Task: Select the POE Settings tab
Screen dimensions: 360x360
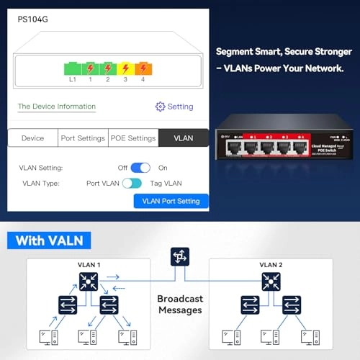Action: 132,138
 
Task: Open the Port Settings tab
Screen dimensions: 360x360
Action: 83,138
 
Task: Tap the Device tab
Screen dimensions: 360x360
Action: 32,138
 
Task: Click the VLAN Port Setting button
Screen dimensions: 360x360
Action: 171,202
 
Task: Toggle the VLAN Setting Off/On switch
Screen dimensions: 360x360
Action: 140,168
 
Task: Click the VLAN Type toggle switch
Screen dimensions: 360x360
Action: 132,184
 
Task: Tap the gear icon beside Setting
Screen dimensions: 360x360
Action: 160,107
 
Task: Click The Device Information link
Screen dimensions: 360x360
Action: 57,107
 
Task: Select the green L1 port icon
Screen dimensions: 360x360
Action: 73,68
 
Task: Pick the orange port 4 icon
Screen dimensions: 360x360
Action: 143,68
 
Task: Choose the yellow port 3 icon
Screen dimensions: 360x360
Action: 125,68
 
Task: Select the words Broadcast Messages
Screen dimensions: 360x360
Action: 180,304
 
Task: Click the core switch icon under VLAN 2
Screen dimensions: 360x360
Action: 271,280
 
